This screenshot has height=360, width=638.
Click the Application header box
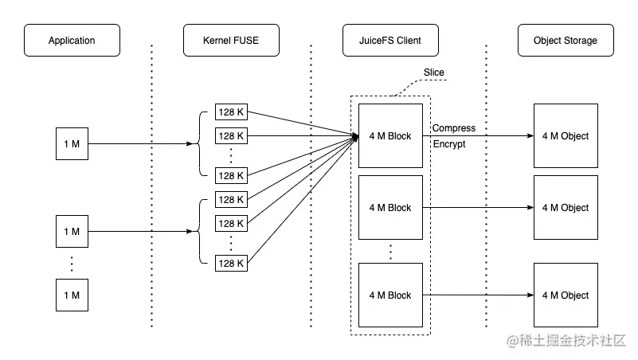pyautogui.click(x=72, y=41)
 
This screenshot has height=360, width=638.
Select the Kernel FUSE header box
pyautogui.click(x=231, y=41)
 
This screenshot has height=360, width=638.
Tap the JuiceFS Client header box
pyautogui.click(x=390, y=41)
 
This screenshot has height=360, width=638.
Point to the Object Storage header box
pyautogui.click(x=566, y=41)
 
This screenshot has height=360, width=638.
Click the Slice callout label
pyautogui.click(x=434, y=72)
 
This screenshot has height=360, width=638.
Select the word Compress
pyautogui.click(x=453, y=128)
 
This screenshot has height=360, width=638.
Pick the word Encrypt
pyautogui.click(x=448, y=145)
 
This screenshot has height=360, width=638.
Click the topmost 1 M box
pyautogui.click(x=72, y=144)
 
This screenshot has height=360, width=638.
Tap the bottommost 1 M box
pyautogui.click(x=72, y=295)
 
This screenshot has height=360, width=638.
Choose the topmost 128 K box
pyautogui.click(x=231, y=112)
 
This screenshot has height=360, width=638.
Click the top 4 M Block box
pyautogui.click(x=390, y=136)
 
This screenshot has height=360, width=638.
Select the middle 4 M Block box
pyautogui.click(x=390, y=208)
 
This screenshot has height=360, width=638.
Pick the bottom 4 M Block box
pyautogui.click(x=390, y=295)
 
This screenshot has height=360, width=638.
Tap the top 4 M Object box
pyautogui.click(x=566, y=136)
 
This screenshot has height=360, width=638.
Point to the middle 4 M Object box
pyautogui.click(x=566, y=208)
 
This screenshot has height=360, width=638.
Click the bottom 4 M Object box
pyautogui.click(x=566, y=295)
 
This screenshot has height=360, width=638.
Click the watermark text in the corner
pyautogui.click(x=566, y=342)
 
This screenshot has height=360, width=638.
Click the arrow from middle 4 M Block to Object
pyautogui.click(x=478, y=208)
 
